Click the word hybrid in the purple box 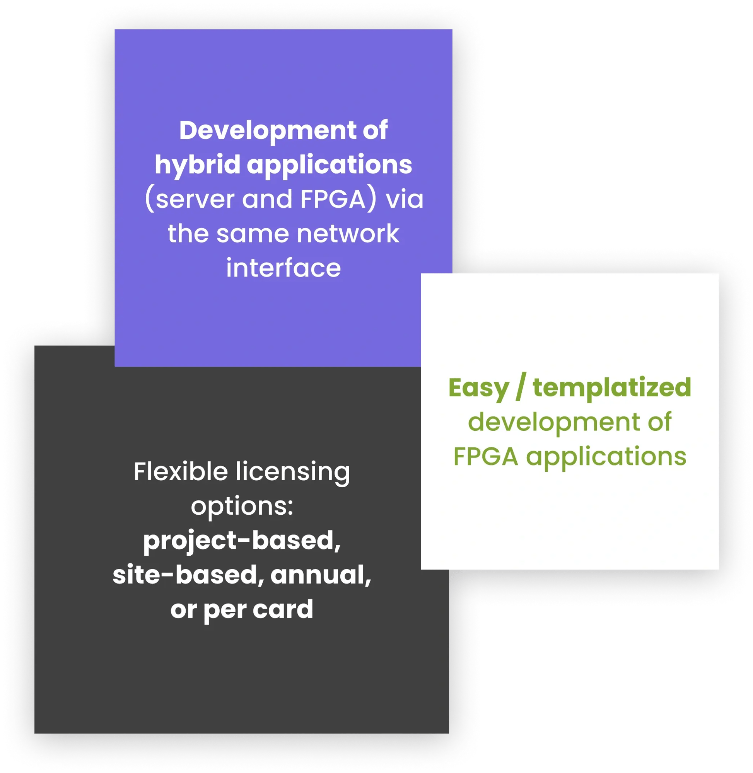pyautogui.click(x=197, y=164)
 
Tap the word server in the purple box pyautogui.click(x=195, y=199)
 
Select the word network pyautogui.click(x=348, y=233)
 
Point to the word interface pyautogui.click(x=283, y=268)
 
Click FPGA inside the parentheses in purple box pyautogui.click(x=333, y=199)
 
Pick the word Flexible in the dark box pyautogui.click(x=181, y=471)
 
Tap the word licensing pyautogui.click(x=293, y=471)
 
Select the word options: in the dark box pyautogui.click(x=242, y=506)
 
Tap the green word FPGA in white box pyautogui.click(x=485, y=456)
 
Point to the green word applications pyautogui.click(x=606, y=456)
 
